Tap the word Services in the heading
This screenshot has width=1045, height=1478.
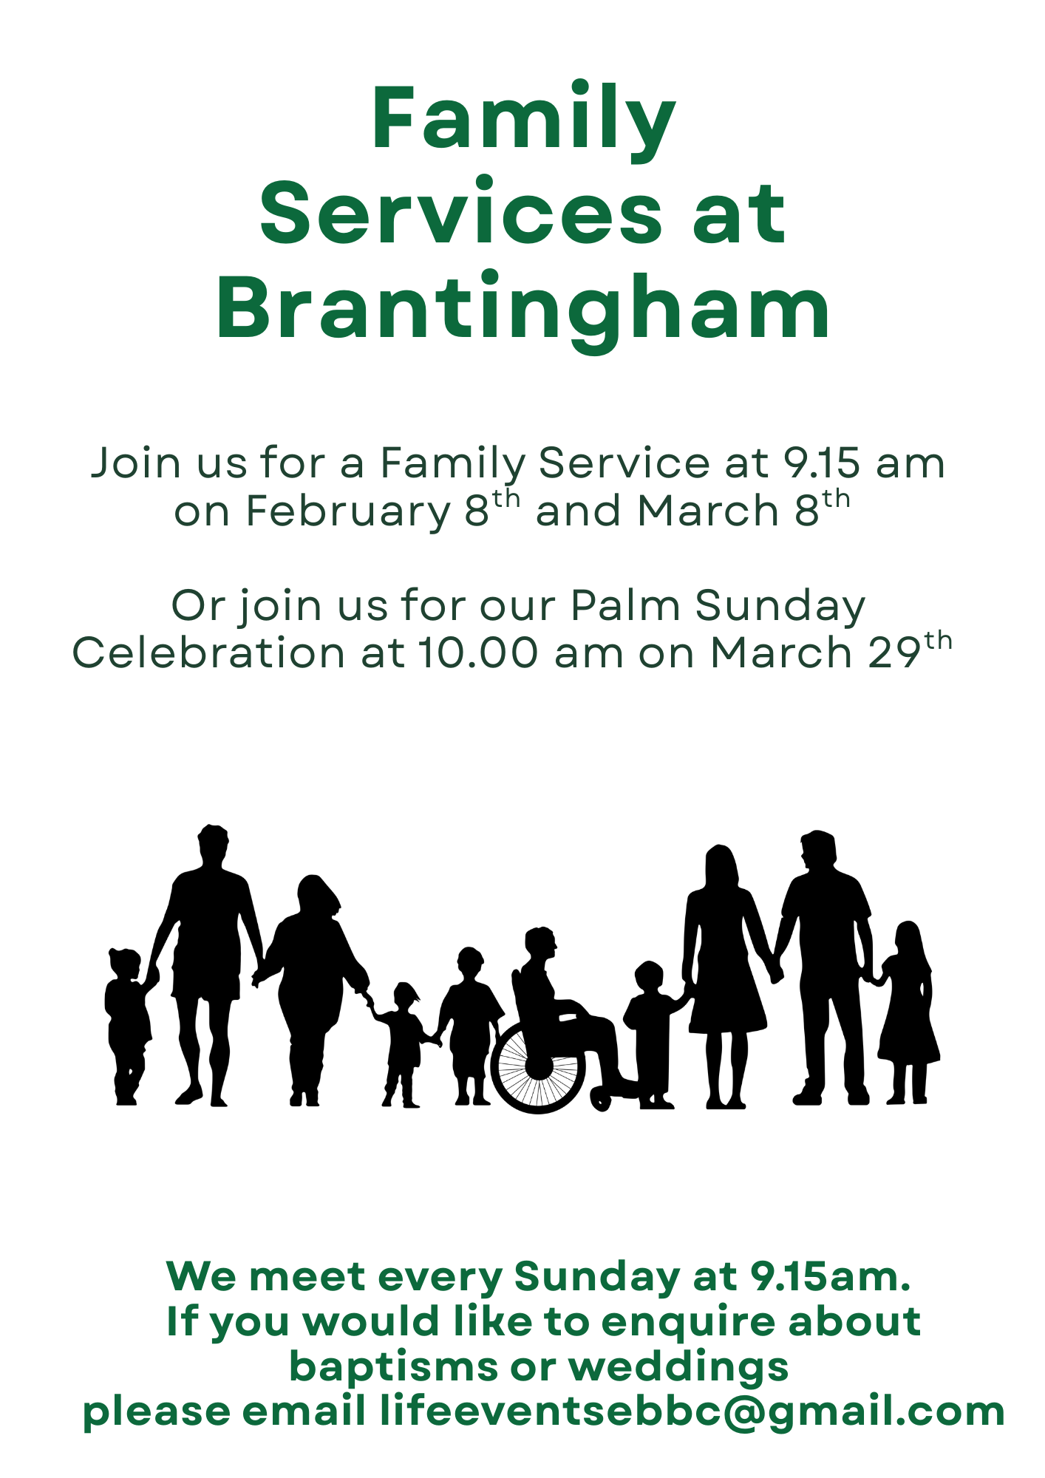(x=460, y=213)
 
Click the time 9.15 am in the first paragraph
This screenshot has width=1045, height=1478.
(x=865, y=464)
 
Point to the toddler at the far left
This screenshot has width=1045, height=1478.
(x=129, y=1027)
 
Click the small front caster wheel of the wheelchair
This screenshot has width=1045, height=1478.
(x=601, y=1100)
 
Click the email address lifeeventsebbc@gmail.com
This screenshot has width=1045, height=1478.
(x=692, y=1411)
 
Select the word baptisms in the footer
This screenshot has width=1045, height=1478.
(x=393, y=1367)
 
